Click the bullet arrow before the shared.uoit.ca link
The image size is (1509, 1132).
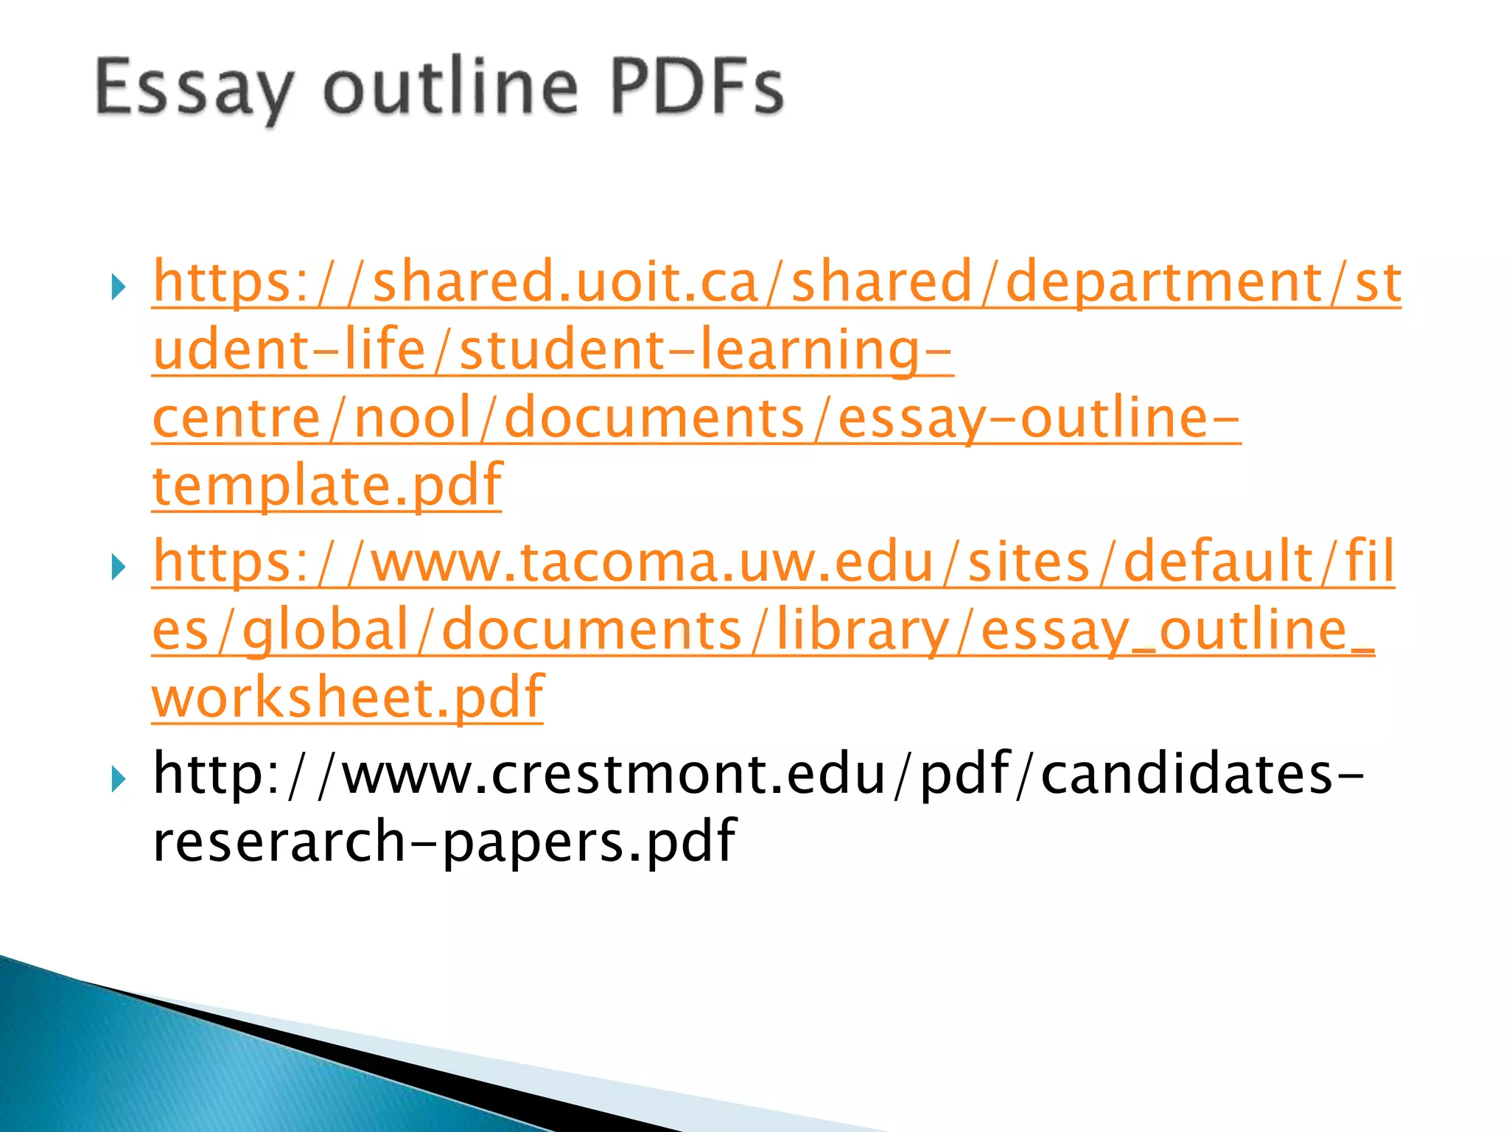coord(118,287)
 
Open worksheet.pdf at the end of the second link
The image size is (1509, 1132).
coord(347,697)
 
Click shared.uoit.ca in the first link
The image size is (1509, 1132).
coord(566,282)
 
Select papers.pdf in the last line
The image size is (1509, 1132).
coord(588,842)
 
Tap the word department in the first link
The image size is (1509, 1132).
coord(1164,282)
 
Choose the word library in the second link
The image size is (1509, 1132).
coord(863,631)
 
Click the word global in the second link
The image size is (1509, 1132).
coord(325,631)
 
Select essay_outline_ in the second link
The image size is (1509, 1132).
coord(1177,631)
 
